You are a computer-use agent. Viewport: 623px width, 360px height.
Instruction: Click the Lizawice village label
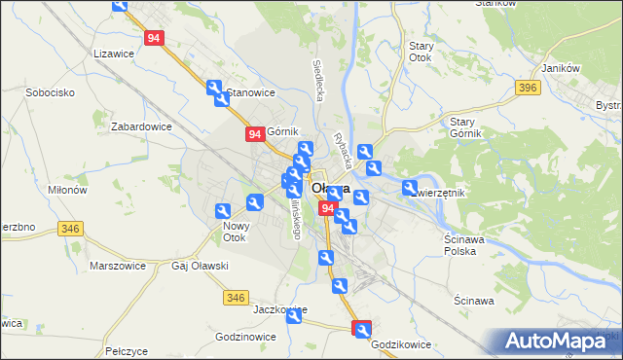(x=113, y=54)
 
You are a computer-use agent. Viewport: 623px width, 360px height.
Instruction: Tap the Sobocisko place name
(x=38, y=92)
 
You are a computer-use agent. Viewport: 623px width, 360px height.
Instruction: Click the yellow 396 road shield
(x=529, y=89)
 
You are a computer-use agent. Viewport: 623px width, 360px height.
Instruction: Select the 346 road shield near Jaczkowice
(x=235, y=297)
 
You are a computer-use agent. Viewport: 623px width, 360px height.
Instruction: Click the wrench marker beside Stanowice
(x=216, y=89)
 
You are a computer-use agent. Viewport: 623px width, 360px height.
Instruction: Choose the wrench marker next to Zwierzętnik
(x=410, y=188)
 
